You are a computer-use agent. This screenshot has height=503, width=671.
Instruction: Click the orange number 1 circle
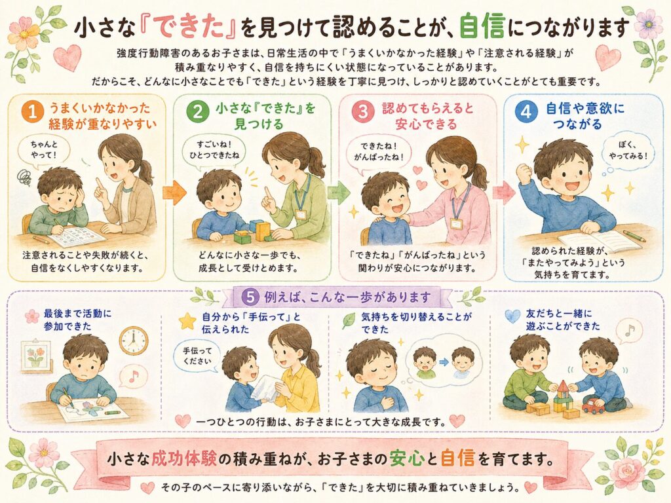pyautogui.click(x=33, y=112)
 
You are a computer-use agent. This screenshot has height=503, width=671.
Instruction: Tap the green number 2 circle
pyautogui.click(x=197, y=112)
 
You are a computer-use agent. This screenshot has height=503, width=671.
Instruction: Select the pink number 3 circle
pyautogui.click(x=363, y=111)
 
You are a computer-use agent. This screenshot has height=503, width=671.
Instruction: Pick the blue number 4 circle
pyautogui.click(x=526, y=111)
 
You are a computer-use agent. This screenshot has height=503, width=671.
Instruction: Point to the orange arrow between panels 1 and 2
pyautogui.click(x=174, y=193)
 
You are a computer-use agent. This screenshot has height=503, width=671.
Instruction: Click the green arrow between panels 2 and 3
pyautogui.click(x=339, y=192)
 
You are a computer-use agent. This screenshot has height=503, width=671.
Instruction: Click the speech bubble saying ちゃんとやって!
pyautogui.click(x=44, y=151)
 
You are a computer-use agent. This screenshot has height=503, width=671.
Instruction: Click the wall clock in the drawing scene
pyautogui.click(x=133, y=341)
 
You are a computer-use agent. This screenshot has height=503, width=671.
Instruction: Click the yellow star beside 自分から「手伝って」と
pyautogui.click(x=187, y=321)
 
